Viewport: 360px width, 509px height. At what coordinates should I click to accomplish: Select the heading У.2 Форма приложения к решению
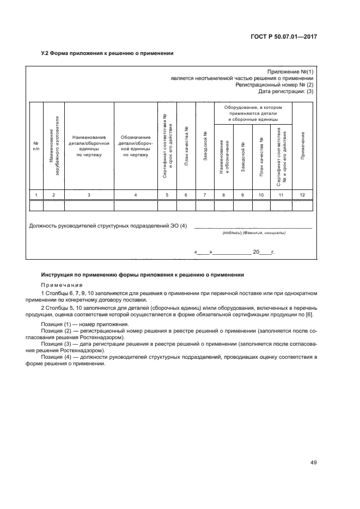[108, 54]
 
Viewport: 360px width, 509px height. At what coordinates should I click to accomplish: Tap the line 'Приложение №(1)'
[291, 72]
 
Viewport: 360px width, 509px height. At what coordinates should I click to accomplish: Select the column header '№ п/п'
[36, 146]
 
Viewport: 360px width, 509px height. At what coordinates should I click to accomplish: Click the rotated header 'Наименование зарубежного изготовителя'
[53, 146]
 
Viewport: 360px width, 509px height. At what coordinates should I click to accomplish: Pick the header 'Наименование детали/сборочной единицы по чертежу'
[89, 146]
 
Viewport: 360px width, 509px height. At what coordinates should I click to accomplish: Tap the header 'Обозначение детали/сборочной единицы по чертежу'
[135, 146]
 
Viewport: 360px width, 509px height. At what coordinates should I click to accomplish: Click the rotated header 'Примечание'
[302, 146]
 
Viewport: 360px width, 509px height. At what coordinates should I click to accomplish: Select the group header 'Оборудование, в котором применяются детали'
[253, 113]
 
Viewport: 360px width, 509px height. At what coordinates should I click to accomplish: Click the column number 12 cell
[302, 194]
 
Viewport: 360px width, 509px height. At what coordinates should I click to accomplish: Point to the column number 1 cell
[36, 194]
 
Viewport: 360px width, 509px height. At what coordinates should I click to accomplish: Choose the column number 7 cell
[205, 194]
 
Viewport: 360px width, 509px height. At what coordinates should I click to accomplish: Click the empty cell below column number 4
[135, 205]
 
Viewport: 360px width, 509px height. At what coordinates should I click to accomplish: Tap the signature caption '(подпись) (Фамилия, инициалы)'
[254, 232]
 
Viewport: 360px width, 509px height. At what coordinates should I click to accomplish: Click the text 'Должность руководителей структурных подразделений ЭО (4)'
[107, 225]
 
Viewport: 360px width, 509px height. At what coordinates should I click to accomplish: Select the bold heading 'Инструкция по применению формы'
[143, 275]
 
